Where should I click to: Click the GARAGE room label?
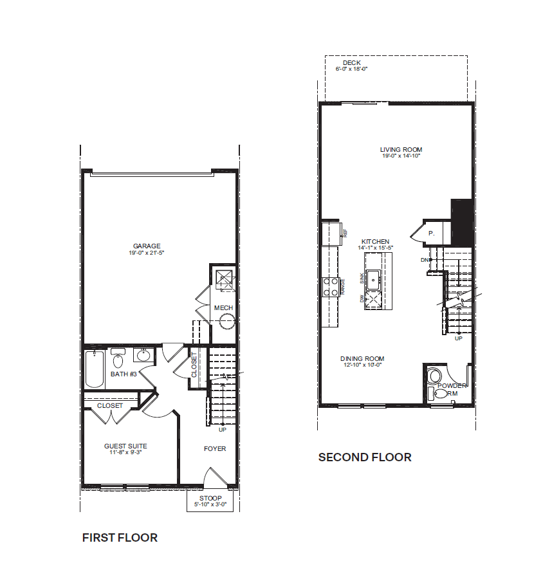click(147, 246)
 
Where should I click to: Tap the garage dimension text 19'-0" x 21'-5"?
click(147, 253)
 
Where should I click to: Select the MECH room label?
click(223, 308)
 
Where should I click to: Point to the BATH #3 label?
click(124, 374)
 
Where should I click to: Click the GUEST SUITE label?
click(125, 446)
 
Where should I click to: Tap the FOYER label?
click(215, 448)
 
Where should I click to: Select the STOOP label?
click(211, 499)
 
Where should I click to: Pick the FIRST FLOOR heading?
click(120, 538)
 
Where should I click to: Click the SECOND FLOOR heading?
click(365, 457)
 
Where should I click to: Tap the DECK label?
click(351, 62)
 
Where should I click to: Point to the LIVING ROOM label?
click(401, 150)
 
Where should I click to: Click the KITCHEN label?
click(375, 241)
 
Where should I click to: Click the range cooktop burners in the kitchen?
click(330, 286)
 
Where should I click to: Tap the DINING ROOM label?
click(362, 358)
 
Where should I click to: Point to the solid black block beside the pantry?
click(462, 221)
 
